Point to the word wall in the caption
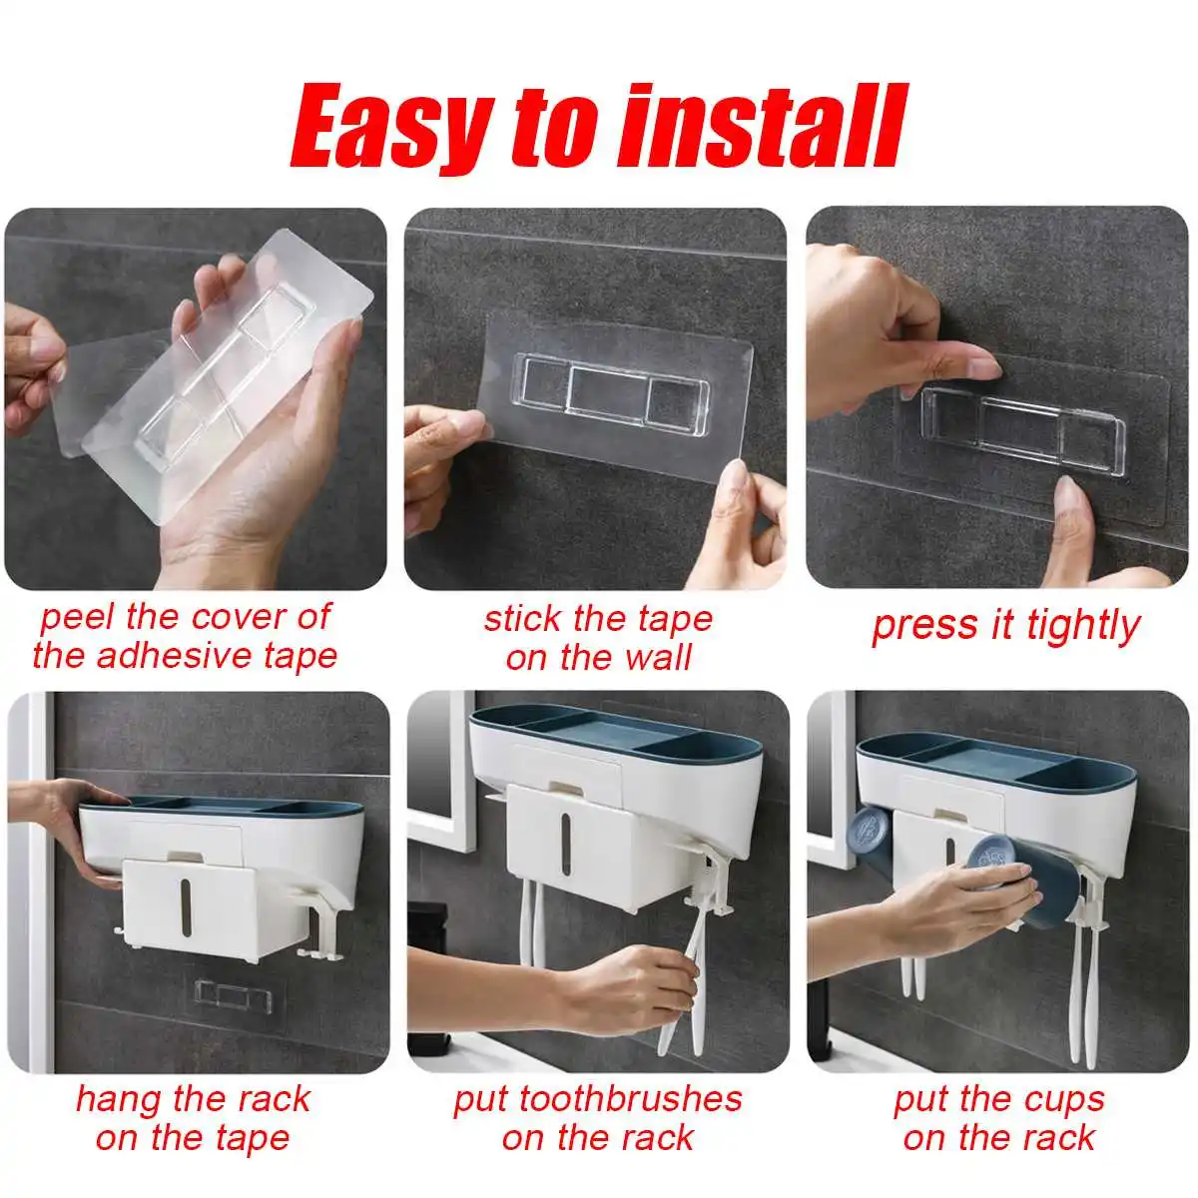tap(658, 658)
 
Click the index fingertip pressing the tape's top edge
tap(987, 369)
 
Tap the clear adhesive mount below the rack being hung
tap(233, 996)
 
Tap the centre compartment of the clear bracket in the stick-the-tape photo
tap(607, 393)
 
